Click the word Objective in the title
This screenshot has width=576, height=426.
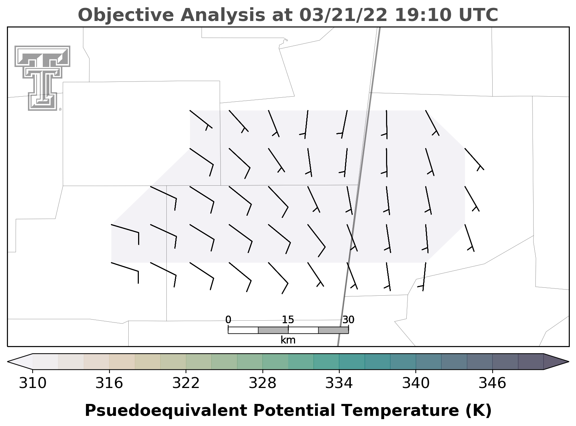pos(126,15)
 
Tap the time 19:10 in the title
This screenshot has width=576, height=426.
pos(423,15)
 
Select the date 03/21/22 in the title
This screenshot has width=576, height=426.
pos(343,15)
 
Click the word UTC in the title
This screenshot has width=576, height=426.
pos(478,15)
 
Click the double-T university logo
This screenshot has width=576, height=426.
pos(42,78)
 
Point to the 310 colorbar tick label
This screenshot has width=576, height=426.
pos(33,383)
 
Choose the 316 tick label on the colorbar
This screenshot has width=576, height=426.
pos(109,383)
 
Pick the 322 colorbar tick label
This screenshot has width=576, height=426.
pos(186,383)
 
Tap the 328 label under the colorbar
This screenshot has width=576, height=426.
pos(262,383)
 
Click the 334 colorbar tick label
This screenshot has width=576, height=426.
pos(339,383)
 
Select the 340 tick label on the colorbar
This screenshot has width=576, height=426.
pos(416,383)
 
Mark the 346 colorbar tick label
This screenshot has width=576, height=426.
pos(492,383)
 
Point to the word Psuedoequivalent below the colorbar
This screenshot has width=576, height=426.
pos(166,411)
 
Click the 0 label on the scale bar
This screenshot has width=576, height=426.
pos(228,320)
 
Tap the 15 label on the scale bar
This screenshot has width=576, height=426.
pos(288,320)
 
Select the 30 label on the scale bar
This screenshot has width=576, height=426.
pos(348,320)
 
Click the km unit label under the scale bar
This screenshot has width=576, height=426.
pos(288,340)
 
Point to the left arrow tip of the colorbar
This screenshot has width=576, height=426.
pos(8,362)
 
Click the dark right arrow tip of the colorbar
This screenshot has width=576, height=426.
pos(568,362)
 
